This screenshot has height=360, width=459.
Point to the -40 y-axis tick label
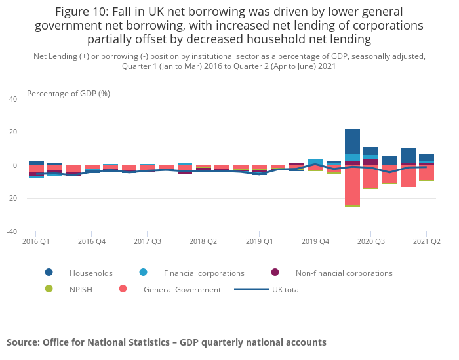[x=12, y=231]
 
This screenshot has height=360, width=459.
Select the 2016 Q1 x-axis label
[x=36, y=241]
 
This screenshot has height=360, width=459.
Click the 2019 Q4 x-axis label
[x=315, y=241]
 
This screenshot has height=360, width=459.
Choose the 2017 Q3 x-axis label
[x=148, y=241]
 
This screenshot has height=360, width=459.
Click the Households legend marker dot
[x=49, y=273]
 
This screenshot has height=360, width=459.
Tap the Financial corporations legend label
[x=204, y=273]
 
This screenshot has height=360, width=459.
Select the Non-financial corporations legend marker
[x=275, y=273]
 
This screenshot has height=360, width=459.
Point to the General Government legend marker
[x=123, y=289]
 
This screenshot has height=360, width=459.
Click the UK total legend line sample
[x=251, y=289]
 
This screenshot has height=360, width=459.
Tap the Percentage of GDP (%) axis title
[x=68, y=94]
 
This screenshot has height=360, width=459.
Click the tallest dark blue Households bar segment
[x=352, y=141]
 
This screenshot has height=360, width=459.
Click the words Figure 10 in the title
[x=81, y=12]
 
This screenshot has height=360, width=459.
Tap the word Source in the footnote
[x=23, y=342]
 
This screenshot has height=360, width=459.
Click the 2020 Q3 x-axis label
[x=370, y=241]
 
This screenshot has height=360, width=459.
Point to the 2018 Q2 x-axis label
[x=203, y=241]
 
